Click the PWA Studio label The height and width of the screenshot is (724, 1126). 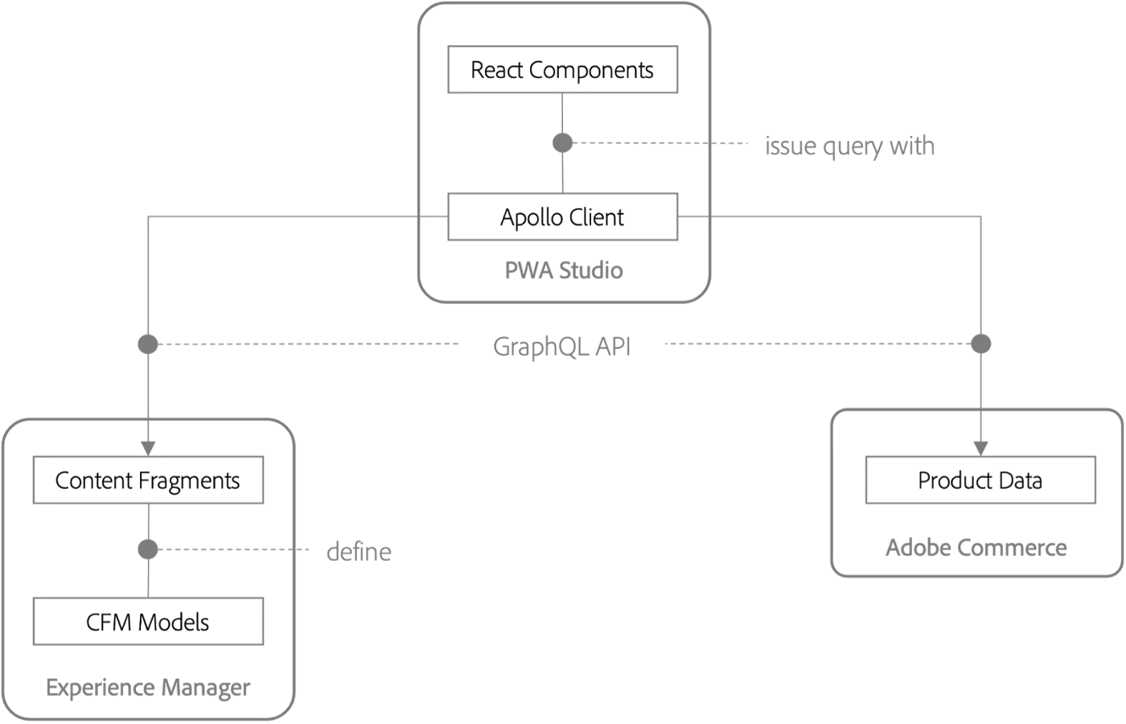tap(563, 271)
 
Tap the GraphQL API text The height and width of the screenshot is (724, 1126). tap(561, 347)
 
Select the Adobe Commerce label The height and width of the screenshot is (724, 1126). tap(975, 549)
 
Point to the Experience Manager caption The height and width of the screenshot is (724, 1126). tap(148, 689)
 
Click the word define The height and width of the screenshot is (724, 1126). tap(360, 553)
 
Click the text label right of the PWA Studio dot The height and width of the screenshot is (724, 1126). tap(852, 148)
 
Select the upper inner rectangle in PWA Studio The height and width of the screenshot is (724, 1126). tap(563, 71)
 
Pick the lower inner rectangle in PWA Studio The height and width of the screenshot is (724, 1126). tap(563, 216)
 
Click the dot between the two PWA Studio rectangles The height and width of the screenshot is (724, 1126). tap(561, 142)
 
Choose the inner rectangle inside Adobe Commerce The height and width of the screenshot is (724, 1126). tap(980, 480)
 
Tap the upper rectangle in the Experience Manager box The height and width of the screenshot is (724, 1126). tap(150, 480)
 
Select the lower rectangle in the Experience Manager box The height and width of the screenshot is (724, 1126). tap(150, 622)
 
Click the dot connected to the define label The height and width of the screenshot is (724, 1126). tap(147, 550)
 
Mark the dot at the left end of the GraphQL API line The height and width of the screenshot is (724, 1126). tap(146, 343)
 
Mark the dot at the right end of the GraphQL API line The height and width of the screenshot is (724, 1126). tap(980, 343)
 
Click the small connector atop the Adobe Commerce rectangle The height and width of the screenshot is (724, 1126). tap(980, 444)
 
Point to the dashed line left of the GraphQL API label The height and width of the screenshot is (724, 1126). tap(306, 344)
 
